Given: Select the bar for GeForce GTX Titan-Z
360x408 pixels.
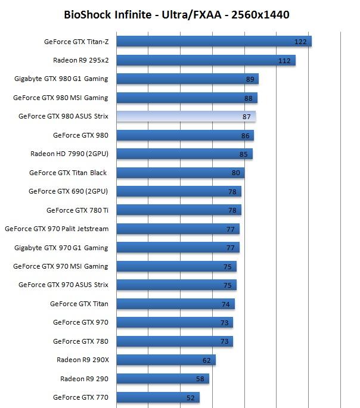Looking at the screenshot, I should pyautogui.click(x=213, y=41).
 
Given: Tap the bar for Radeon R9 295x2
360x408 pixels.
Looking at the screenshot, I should pyautogui.click(x=206, y=60).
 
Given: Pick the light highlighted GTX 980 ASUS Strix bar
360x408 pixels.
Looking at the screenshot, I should pyautogui.click(x=186, y=116).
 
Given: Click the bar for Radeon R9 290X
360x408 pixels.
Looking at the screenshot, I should pyautogui.click(x=166, y=360).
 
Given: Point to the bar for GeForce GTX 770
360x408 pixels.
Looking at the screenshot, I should pyautogui.click(x=157, y=397).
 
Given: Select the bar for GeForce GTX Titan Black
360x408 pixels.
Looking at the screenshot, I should pyautogui.click(x=180, y=173).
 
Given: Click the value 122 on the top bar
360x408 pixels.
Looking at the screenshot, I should pyautogui.click(x=301, y=42).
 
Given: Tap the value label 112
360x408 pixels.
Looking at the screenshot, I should pyautogui.click(x=284, y=61).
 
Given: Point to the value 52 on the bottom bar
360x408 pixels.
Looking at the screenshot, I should pyautogui.click(x=191, y=398).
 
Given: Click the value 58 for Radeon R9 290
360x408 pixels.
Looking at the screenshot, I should pyautogui.click(x=200, y=379).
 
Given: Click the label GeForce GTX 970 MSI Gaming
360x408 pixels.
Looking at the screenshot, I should pyautogui.click(x=61, y=266).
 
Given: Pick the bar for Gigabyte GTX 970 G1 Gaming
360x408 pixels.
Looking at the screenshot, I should pyautogui.click(x=178, y=247).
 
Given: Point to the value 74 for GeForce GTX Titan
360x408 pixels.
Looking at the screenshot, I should pyautogui.click(x=226, y=304).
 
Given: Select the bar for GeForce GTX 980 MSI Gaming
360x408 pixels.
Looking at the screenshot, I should pyautogui.click(x=187, y=98).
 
